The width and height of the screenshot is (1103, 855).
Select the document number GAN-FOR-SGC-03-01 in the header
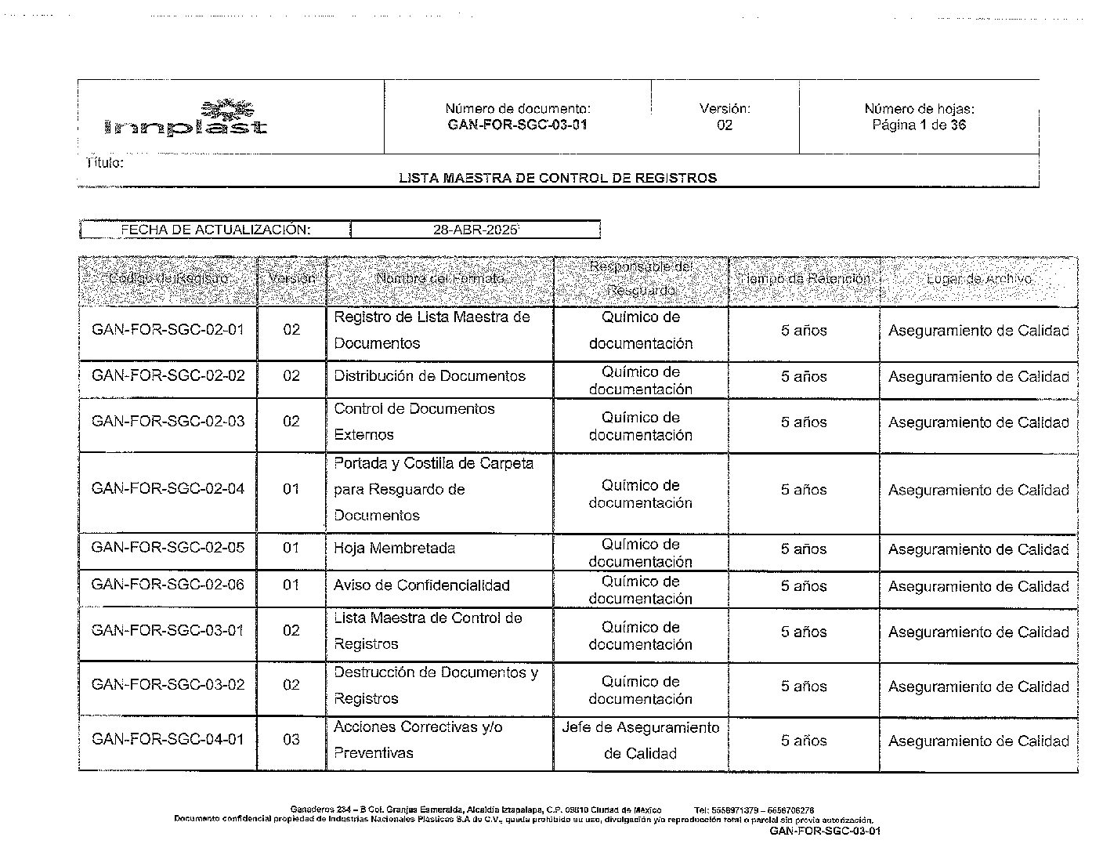518,125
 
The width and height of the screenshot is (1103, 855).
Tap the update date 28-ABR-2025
476,230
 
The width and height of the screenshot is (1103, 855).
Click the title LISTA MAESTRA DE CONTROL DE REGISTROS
557,178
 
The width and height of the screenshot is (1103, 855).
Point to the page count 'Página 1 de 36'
919,125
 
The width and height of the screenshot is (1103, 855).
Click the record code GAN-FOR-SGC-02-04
168,489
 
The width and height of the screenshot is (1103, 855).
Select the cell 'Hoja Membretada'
394,549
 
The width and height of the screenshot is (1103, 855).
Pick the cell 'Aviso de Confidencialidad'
421,585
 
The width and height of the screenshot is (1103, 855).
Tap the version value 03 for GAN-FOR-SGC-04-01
291,740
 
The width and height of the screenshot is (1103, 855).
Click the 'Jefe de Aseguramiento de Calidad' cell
640,741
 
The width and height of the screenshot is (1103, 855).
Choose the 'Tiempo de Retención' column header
804,279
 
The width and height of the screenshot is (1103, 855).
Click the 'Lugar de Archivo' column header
978,279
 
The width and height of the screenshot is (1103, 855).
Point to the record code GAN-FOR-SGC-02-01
168,330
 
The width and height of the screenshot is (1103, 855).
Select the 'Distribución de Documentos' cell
429,376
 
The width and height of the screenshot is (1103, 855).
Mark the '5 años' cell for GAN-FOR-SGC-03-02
804,687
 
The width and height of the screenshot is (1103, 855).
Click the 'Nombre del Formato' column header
439,279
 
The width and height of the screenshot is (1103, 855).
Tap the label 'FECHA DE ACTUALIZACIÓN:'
215,230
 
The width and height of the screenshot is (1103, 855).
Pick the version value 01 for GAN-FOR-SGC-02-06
291,585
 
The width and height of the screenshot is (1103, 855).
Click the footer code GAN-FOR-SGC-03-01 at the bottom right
825,831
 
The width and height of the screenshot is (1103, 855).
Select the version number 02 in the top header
725,125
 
